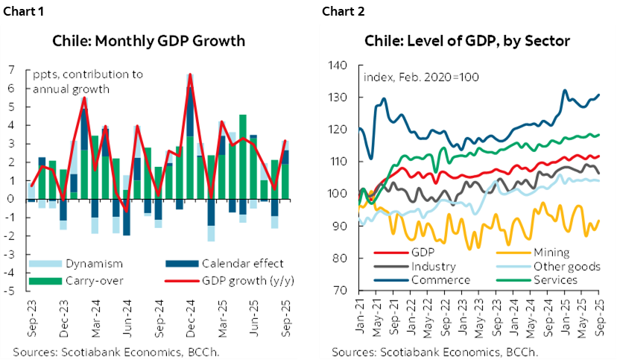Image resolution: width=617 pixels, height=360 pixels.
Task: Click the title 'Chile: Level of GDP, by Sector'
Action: [x=466, y=40]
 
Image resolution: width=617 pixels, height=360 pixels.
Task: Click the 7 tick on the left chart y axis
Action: [x=11, y=70]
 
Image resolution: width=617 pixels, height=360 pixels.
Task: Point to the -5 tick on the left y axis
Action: [x=9, y=291]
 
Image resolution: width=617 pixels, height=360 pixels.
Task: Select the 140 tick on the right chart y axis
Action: [x=338, y=66]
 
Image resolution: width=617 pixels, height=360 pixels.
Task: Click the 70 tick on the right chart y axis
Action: [x=341, y=291]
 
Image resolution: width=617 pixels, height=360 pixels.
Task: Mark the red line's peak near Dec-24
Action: [x=191, y=75]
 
